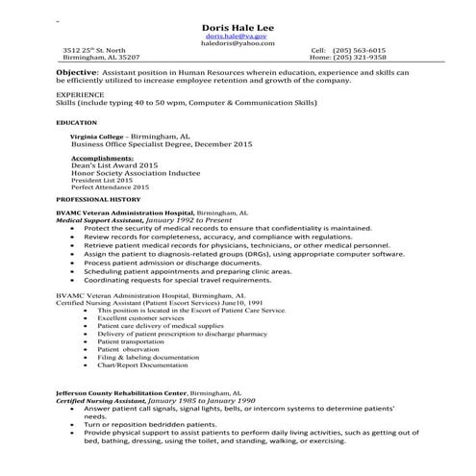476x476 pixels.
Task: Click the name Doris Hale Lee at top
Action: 238,26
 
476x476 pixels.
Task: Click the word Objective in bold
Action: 76,73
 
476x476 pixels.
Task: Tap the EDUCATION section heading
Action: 76,123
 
